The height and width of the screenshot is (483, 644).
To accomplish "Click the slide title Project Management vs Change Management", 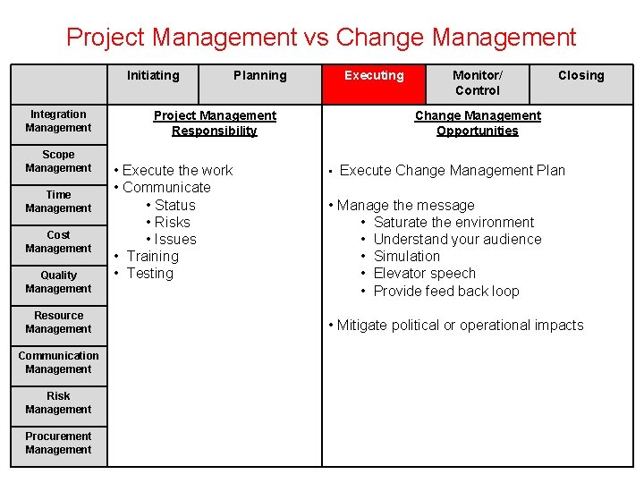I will tap(321, 37).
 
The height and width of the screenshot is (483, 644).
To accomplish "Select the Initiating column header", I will tap(153, 76).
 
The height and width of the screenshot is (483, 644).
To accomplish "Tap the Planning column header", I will tap(260, 76).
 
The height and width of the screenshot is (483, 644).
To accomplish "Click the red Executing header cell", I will tap(374, 76).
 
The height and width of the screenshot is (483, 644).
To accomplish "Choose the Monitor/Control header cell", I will tap(477, 83).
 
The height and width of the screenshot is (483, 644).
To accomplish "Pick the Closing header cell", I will tap(580, 76).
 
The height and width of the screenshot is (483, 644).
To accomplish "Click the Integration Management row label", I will tap(58, 121).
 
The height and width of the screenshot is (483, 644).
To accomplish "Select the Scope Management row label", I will tap(58, 161).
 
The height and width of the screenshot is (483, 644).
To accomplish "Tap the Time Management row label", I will tap(58, 201).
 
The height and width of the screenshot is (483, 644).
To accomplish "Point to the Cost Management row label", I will tap(58, 241).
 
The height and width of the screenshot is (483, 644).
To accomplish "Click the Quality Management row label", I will tap(58, 282).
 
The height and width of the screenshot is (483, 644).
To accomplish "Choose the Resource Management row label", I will tap(58, 322).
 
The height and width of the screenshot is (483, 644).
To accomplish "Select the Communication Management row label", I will tap(58, 362).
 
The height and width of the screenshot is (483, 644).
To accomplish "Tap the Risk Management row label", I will tap(58, 402).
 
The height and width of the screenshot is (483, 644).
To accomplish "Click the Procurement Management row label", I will tap(58, 443).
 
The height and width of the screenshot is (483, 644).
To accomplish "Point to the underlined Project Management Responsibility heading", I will tap(215, 123).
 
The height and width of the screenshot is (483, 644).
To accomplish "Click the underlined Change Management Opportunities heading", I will tap(478, 123).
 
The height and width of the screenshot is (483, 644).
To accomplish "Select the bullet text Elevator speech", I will tap(424, 274).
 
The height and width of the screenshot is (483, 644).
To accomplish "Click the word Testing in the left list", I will tap(150, 274).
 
